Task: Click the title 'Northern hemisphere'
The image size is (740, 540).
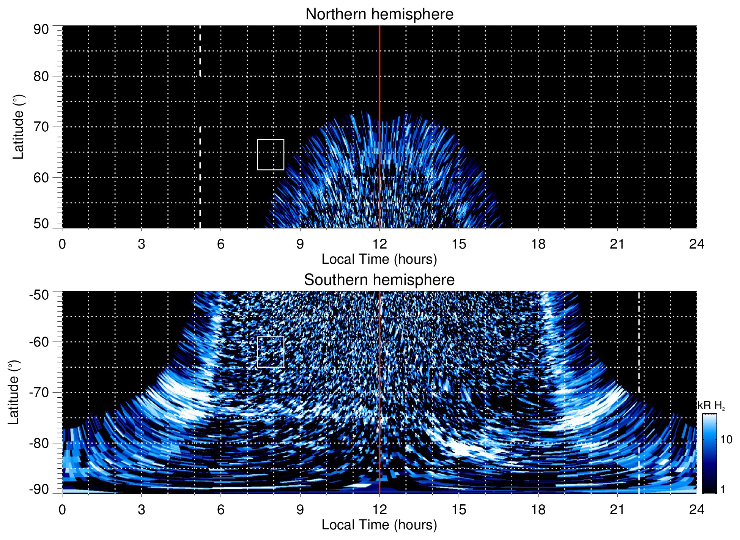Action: [x=379, y=14]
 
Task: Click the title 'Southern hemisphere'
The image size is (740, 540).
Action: [x=379, y=280]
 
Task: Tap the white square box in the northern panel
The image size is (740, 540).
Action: [x=271, y=154]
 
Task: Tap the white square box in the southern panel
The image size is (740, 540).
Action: [x=271, y=352]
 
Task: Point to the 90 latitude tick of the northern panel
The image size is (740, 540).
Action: [x=41, y=29]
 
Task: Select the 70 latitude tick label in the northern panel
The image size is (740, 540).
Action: [x=41, y=127]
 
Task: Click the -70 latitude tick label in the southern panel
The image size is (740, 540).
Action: [x=39, y=392]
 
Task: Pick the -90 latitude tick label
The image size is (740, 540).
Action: [x=39, y=490]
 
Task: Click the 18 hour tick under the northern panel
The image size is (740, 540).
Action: [x=538, y=244]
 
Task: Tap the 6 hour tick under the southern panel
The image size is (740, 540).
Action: [x=221, y=510]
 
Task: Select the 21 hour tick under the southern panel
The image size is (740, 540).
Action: [x=617, y=510]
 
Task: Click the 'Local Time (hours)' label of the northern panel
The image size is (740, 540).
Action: [x=379, y=259]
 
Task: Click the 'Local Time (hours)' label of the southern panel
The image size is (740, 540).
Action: [x=379, y=525]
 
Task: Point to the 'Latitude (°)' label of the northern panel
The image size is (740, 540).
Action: [x=18, y=127]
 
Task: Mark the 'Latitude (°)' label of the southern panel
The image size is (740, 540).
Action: [x=14, y=392]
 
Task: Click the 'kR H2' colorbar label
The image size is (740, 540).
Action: [x=711, y=406]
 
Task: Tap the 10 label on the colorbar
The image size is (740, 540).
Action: [x=726, y=439]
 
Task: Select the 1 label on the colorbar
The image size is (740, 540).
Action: [x=723, y=490]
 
